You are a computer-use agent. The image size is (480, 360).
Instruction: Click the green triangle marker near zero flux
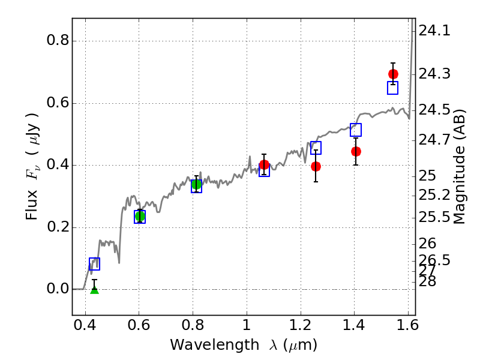point(94,290)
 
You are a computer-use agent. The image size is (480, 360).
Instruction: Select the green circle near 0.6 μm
point(140,216)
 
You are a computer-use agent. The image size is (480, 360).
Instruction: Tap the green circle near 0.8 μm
point(196,184)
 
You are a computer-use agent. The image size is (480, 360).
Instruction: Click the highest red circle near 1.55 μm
point(393,74)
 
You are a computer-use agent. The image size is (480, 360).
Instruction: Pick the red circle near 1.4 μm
point(356,151)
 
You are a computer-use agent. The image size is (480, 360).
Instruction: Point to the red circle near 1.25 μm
point(316,166)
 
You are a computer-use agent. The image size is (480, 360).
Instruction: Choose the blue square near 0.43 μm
point(94,263)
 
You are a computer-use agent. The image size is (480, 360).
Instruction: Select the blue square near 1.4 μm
point(356,130)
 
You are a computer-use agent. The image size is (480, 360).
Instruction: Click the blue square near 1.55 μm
point(393,88)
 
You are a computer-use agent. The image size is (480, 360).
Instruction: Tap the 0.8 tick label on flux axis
point(58,41)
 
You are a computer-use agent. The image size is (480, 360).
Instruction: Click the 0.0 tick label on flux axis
point(58,289)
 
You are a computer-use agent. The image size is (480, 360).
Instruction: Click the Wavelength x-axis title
point(243,345)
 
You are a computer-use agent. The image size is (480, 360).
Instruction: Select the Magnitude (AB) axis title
point(460,166)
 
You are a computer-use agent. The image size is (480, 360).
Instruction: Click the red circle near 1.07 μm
point(264,164)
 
